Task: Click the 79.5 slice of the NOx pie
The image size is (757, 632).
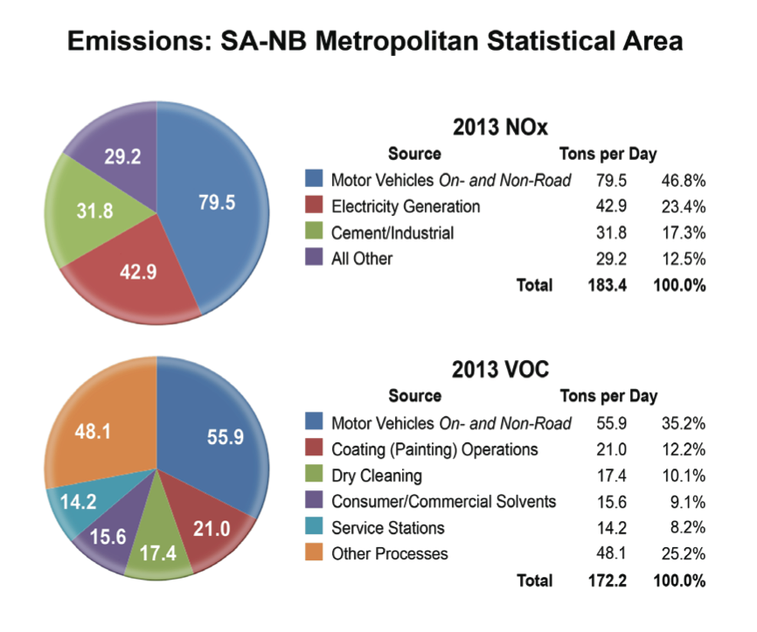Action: point(217,203)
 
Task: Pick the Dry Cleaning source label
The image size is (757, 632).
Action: point(376,476)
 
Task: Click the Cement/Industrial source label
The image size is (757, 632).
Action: point(392,233)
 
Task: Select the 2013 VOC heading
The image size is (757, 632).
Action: point(501,370)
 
